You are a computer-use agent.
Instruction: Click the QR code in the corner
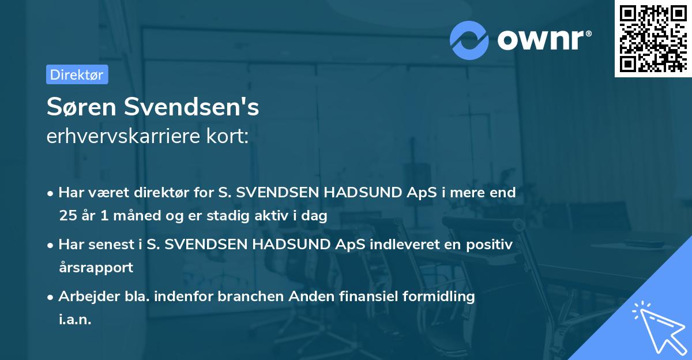(652, 39)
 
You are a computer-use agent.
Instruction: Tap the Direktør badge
(77, 74)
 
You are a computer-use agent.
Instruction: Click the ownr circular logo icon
(469, 40)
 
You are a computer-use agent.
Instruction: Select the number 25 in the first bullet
(67, 216)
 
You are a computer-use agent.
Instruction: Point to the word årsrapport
(96, 268)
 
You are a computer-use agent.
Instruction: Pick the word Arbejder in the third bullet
(84, 297)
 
